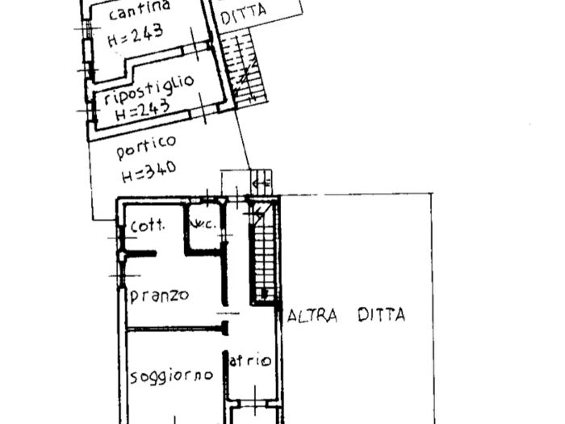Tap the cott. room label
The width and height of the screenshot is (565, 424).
pos(148,225)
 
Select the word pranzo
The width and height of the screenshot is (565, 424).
pos(159,295)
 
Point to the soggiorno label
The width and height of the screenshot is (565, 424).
pos(171,375)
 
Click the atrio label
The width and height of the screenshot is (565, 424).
pos(250,361)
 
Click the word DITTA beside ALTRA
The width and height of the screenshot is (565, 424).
pos(381,316)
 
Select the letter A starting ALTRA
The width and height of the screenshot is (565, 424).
pos(293,316)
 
